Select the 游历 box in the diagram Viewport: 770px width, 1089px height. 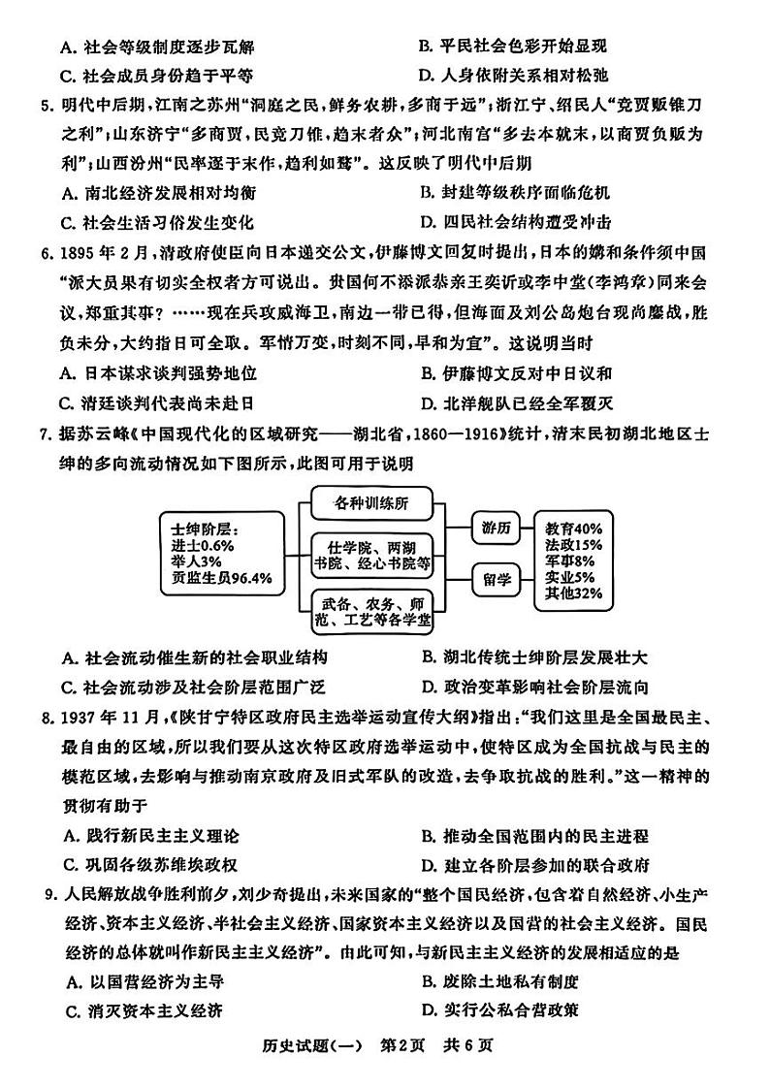(494, 528)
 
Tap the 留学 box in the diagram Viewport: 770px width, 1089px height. (494, 579)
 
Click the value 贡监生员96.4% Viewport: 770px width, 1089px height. (222, 578)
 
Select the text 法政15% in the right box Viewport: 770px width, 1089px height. (573, 545)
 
